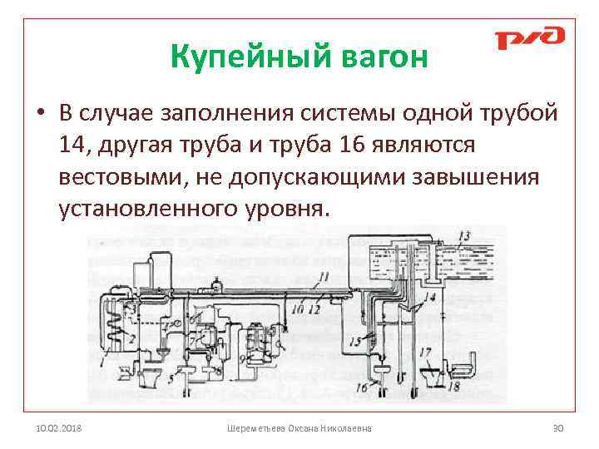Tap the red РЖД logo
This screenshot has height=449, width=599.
(529, 37)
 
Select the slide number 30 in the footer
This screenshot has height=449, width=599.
(558, 428)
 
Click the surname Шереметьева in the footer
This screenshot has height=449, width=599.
(256, 428)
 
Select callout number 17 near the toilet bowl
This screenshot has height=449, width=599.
(427, 353)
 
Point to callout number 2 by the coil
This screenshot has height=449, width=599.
(131, 339)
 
